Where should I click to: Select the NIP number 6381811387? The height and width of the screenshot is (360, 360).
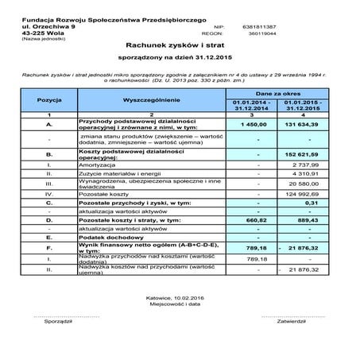tap(264, 26)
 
